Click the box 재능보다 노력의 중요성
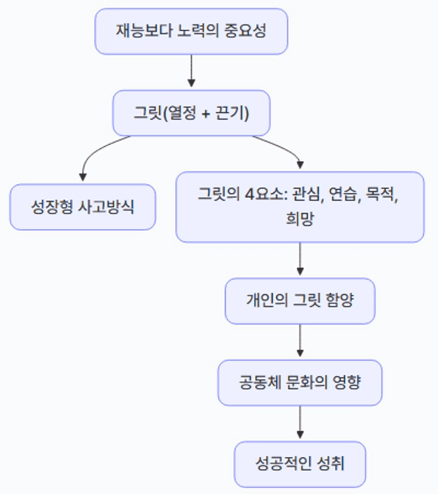pyautogui.click(x=191, y=31)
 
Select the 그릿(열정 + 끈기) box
pyautogui.click(x=191, y=113)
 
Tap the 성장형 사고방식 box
pyautogui.click(x=83, y=207)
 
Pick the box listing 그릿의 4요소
pyautogui.click(x=300, y=207)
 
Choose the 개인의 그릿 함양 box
pyautogui.click(x=300, y=301)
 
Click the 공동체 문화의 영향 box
pyautogui.click(x=300, y=383)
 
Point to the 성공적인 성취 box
pyautogui.click(x=300, y=464)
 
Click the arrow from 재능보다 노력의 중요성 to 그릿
pyautogui.click(x=191, y=71)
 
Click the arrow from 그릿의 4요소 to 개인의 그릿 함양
pyautogui.click(x=300, y=259)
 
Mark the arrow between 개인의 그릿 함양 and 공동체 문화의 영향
pyautogui.click(x=300, y=341)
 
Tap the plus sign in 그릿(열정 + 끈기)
pyautogui.click(x=206, y=113)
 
